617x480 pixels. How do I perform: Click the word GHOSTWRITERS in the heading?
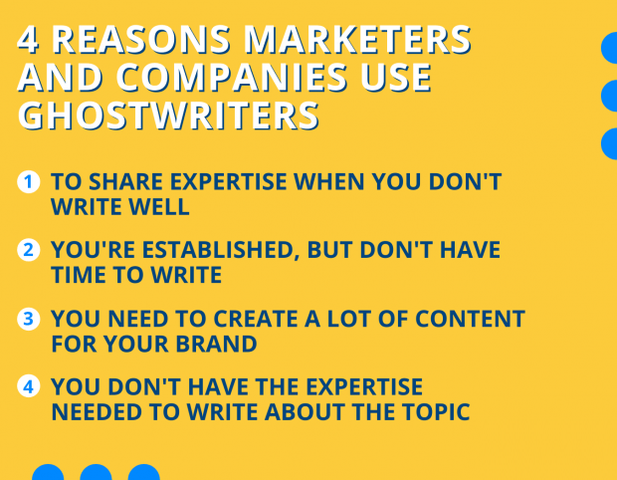pos(168,116)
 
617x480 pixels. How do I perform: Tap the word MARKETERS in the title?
pos(357,40)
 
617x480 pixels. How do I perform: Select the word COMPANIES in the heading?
pos(231,78)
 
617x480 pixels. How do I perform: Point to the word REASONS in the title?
pos(141,40)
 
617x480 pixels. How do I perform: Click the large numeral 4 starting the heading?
pos(28,40)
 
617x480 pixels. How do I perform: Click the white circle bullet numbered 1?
pos(29,182)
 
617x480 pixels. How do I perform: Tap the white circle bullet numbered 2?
pos(29,250)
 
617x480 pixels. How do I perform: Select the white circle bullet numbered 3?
pos(29,319)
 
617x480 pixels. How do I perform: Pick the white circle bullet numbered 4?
pos(29,386)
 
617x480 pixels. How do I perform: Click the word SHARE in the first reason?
pos(125,182)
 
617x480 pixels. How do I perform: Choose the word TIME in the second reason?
pos(79,275)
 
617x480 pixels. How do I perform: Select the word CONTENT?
pos(470,319)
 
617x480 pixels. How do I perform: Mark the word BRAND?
pos(216,344)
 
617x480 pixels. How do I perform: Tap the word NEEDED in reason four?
pos(96,412)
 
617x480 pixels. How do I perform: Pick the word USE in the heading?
pos(395,78)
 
